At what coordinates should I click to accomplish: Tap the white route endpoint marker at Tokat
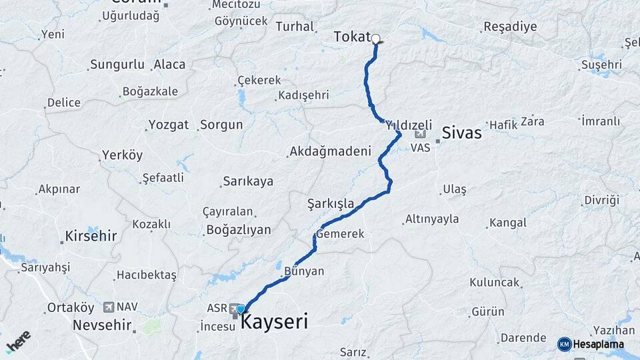click(x=376, y=39)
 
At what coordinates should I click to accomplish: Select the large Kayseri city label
click(x=274, y=323)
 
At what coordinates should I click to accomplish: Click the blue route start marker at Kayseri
click(x=241, y=309)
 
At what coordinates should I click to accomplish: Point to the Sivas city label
click(x=461, y=133)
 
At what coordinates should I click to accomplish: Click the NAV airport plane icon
click(x=109, y=307)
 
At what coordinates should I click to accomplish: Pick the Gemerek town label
click(x=341, y=234)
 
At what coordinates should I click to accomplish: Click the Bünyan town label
click(x=304, y=271)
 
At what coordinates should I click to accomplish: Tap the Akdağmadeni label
click(x=330, y=151)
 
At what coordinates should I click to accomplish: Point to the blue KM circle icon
click(x=564, y=344)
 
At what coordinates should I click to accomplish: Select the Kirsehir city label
click(x=91, y=236)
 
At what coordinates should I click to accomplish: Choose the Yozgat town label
click(x=169, y=125)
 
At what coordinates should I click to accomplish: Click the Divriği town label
click(x=601, y=200)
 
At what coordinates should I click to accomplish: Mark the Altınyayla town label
click(x=433, y=219)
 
